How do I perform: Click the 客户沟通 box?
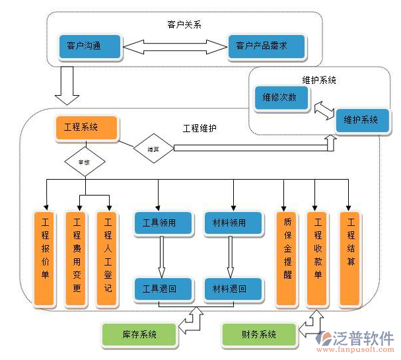tap(89, 46)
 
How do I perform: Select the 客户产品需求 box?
tap(266, 46)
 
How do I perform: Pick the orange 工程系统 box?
tap(86, 127)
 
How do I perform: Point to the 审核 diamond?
tap(84, 161)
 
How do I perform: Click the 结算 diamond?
tap(153, 149)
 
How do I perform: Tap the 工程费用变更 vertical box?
tap(77, 258)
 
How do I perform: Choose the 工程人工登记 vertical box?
tap(108, 258)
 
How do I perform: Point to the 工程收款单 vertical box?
tap(318, 258)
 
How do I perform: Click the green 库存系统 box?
tap(139, 335)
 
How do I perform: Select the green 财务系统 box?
tap(259, 335)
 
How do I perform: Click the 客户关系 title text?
tap(184, 24)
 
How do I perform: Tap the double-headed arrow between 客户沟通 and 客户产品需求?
tap(175, 46)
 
